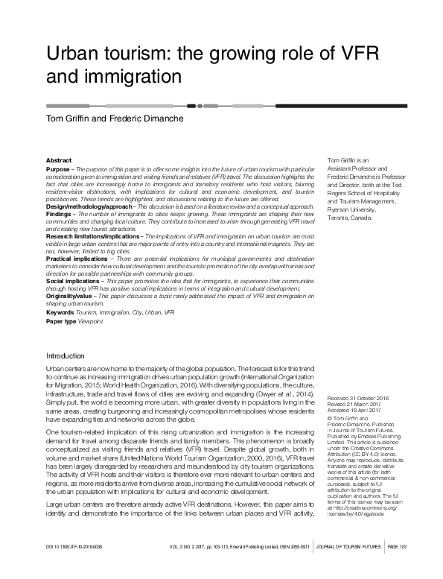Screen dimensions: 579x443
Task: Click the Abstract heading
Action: [x=59, y=160]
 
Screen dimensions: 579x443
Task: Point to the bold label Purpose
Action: [x=58, y=169]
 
